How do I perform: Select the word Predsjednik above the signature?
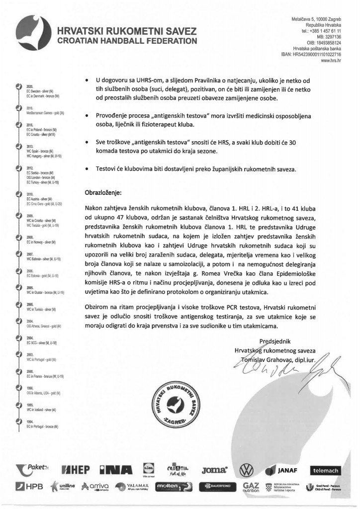(x=275, y=341)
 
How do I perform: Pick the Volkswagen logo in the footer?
(x=247, y=470)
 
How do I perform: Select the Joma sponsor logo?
(x=215, y=469)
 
